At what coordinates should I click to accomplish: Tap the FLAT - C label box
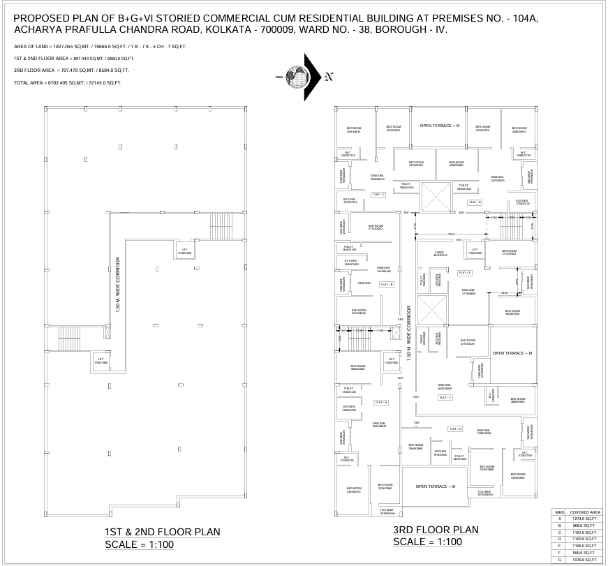click(378, 195)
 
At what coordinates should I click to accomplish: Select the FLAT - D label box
click(475, 202)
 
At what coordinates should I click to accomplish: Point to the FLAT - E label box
click(465, 272)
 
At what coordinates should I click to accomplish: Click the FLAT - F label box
click(445, 397)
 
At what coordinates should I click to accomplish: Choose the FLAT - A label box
click(381, 403)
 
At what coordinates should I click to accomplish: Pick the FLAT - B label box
click(387, 284)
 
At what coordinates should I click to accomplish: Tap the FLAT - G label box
click(456, 429)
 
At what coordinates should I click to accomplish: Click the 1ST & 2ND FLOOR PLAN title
click(162, 532)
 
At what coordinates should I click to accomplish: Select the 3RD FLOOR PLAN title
click(436, 530)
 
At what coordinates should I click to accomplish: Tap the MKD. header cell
click(559, 512)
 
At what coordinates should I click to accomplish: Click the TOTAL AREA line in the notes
click(68, 83)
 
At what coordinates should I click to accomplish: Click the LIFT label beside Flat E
click(475, 251)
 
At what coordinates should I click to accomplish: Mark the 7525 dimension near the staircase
click(451, 234)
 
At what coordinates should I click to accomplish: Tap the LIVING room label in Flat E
click(439, 253)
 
